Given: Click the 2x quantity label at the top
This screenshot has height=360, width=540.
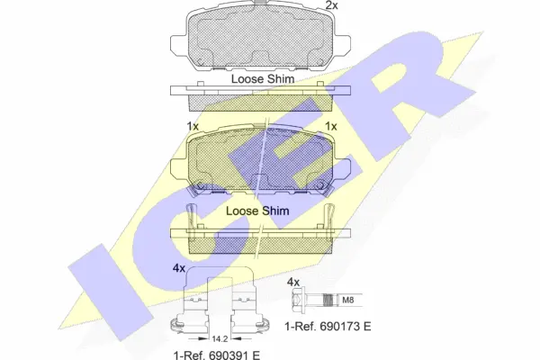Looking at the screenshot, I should [x=330, y=6].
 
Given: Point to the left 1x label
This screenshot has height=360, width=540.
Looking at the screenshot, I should [x=192, y=126].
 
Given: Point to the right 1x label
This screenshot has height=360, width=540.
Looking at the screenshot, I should [x=330, y=126].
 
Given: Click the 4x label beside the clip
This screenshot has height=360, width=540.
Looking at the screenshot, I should [x=179, y=267].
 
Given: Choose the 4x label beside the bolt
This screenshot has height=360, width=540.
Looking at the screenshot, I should [x=292, y=282].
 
